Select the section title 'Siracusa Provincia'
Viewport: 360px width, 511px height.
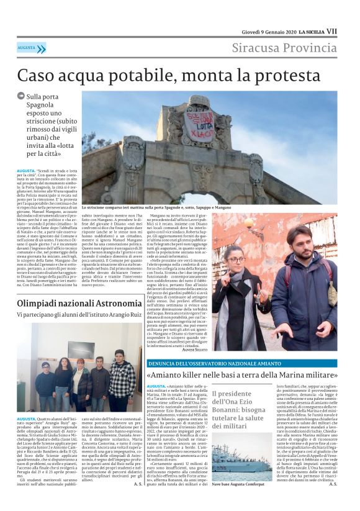[x=284, y=48]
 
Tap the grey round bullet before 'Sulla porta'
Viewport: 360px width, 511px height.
[x=21, y=96]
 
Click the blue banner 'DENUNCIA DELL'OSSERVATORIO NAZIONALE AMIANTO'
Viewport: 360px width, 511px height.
[x=210, y=363]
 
